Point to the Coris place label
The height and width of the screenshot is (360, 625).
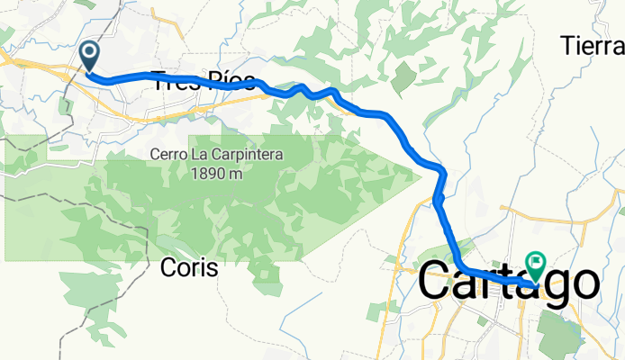[x=188, y=267]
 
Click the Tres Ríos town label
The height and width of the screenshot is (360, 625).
[x=203, y=79]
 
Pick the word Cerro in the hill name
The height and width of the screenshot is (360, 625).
[x=169, y=155]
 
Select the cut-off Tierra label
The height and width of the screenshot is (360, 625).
[x=592, y=43]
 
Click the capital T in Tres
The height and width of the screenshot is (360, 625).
[x=161, y=79]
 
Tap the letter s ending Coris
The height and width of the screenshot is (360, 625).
[x=213, y=268]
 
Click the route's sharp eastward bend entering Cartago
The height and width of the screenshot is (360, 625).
[x=461, y=266]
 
